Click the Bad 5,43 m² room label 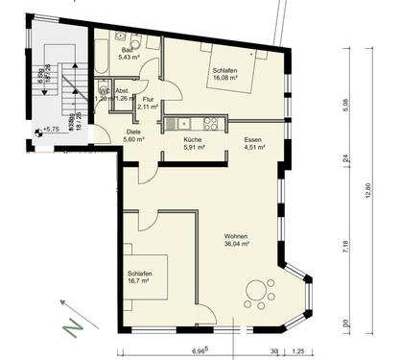[126, 55]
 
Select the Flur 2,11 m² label [148, 103]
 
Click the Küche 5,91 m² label [192, 144]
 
